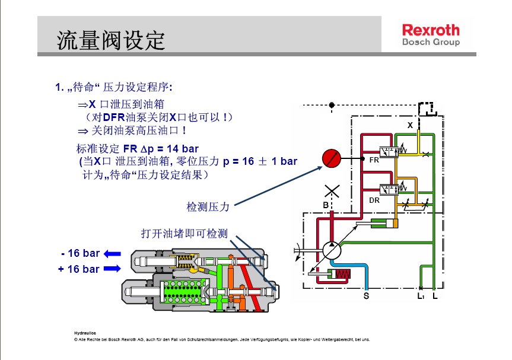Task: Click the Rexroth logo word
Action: tap(431, 30)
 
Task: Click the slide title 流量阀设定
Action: tap(110, 40)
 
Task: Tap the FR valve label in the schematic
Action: tap(374, 160)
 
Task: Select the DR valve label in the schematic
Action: tap(374, 200)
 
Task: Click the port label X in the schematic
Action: tap(409, 126)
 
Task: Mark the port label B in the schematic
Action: tap(326, 205)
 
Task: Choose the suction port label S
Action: tap(366, 295)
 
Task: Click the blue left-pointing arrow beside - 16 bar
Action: tap(112, 254)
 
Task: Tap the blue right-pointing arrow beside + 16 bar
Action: tap(112, 269)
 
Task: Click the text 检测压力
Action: tap(208, 206)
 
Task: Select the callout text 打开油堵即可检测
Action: tap(184, 233)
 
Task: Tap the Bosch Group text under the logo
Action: tap(431, 43)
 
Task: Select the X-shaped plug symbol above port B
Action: tap(332, 191)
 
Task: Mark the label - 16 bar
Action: tap(80, 254)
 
